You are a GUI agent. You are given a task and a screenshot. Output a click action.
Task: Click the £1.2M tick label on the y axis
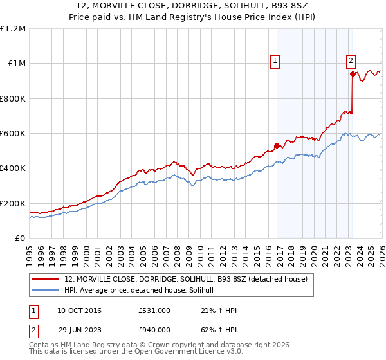[13, 29]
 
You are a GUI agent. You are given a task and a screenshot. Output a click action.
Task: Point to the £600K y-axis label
[13, 134]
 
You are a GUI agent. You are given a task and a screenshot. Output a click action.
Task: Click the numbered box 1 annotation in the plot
[275, 61]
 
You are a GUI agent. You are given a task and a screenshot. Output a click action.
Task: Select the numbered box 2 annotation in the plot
[351, 61]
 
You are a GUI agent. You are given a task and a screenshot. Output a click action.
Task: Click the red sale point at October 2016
[277, 145]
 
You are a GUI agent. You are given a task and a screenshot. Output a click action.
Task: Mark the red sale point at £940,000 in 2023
[353, 74]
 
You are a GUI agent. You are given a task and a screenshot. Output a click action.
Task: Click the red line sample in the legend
[46, 279]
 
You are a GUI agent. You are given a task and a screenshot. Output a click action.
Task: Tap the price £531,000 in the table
[154, 310]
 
